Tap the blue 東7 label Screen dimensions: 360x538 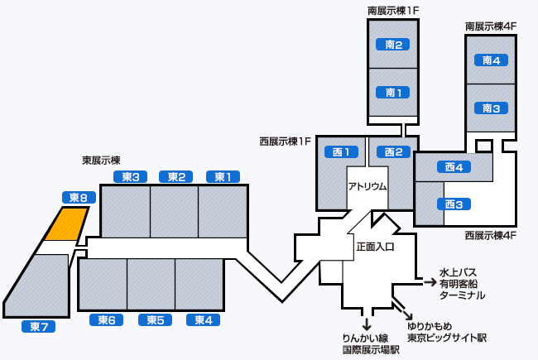tap(38, 326)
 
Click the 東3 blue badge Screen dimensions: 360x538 tap(129, 176)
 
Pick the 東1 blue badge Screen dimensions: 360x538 tap(223, 176)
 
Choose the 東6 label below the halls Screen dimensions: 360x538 tap(106, 320)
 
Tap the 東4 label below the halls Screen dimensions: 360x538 tap(203, 320)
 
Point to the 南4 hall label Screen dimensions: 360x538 tap(492, 60)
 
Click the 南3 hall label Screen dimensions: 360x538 tap(492, 108)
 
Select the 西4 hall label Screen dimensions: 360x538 tap(453, 167)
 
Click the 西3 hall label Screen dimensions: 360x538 tap(453, 204)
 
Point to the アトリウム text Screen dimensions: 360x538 tap(367, 187)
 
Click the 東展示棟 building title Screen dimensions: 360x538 tap(101, 160)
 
